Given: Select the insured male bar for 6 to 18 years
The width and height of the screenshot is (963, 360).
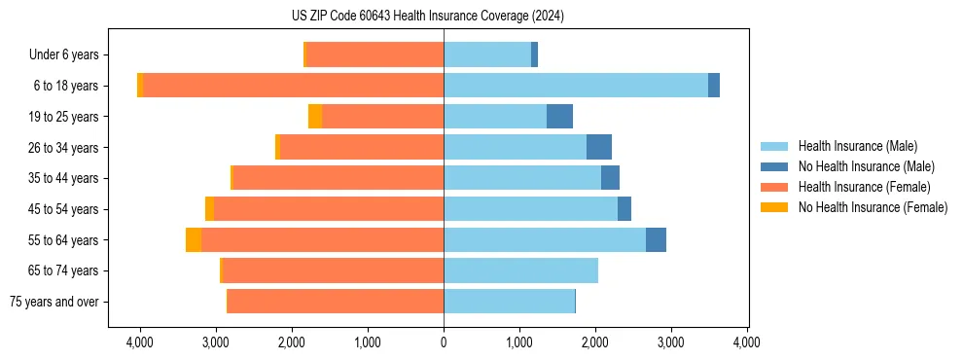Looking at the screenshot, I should click(576, 86).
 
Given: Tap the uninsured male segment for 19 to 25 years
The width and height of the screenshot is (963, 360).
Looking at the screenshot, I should click(559, 117).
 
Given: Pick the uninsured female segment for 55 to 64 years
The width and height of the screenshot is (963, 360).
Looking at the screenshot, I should click(194, 239).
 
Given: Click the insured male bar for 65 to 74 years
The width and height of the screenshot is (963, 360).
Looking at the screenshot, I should click(520, 270).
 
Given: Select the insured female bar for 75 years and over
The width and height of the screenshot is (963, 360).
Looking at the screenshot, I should click(336, 302).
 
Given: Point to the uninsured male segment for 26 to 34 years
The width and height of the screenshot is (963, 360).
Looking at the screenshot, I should click(599, 147).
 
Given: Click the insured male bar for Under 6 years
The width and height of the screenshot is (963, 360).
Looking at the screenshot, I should click(487, 54).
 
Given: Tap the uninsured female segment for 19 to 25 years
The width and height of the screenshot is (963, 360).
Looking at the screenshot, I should click(315, 117).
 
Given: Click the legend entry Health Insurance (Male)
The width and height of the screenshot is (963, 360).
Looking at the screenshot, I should click(857, 146).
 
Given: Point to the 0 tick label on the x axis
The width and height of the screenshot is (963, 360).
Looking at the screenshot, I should click(444, 342).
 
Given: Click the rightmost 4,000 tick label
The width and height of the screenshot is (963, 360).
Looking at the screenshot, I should click(746, 342).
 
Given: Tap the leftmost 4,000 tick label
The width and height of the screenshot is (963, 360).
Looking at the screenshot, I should click(140, 342).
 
